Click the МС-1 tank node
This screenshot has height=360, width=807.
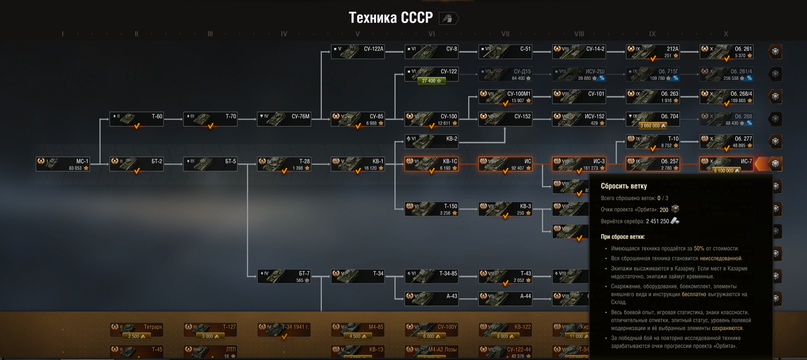tap(63, 164)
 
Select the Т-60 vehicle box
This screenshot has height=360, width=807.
tap(136, 119)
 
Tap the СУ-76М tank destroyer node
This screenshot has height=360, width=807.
tap(284, 119)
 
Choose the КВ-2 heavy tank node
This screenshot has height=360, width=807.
tap(431, 141)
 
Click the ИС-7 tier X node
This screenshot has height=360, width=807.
tap(726, 164)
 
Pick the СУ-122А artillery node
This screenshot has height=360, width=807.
tap(358, 52)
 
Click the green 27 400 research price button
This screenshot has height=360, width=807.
tap(431, 81)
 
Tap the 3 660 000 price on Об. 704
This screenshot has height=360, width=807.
tap(652, 126)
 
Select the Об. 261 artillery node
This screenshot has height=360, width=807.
tap(726, 52)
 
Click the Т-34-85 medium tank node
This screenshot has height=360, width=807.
tap(431, 276)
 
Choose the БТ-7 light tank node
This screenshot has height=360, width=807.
tap(284, 276)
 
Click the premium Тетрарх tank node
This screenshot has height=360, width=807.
tap(136, 329)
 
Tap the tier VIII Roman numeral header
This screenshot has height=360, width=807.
tap(579, 34)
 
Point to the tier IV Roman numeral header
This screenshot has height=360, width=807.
tap(284, 34)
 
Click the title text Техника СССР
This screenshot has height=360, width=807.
tap(391, 18)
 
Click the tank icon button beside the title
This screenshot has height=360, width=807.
tap(448, 18)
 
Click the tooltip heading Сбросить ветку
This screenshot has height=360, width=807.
tap(623, 186)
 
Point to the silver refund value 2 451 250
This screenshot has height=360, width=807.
tap(657, 221)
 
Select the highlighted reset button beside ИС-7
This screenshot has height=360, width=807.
tap(775, 164)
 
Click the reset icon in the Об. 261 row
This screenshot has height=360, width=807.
tap(775, 52)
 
